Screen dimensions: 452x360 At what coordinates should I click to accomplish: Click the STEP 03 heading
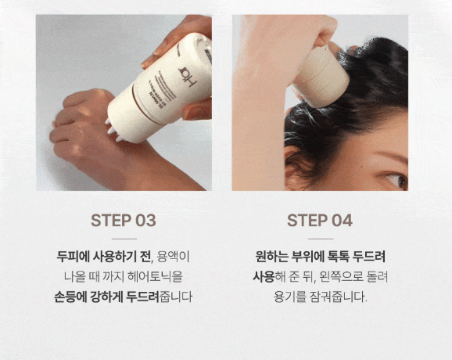coord(124,221)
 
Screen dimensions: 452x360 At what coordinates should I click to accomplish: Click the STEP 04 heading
coord(320,221)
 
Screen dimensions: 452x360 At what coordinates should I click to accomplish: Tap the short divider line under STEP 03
coord(124,239)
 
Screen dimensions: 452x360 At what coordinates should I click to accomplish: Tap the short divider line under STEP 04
coord(321,239)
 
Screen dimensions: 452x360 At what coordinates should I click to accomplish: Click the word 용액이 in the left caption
coord(173,257)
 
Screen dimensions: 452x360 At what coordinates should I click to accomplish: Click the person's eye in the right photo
coord(398,180)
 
